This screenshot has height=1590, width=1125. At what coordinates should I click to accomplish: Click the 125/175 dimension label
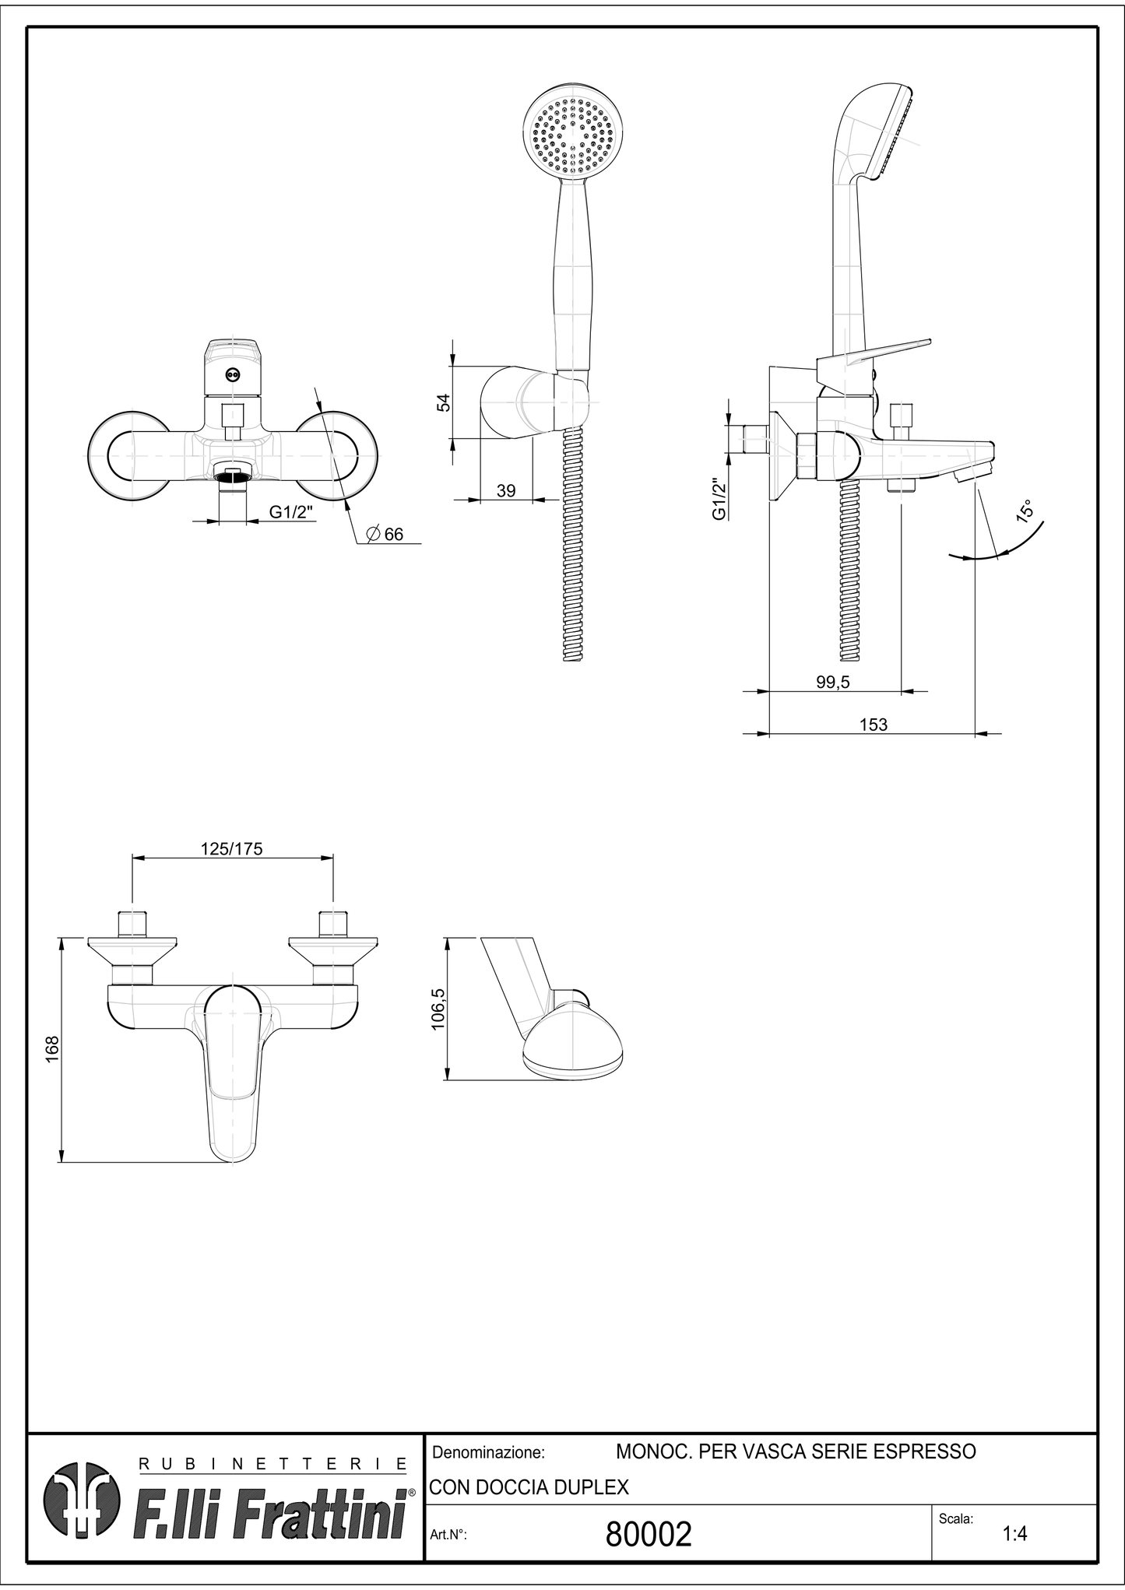pyautogui.click(x=231, y=848)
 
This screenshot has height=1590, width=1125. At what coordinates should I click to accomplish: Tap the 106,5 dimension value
pyautogui.click(x=438, y=1009)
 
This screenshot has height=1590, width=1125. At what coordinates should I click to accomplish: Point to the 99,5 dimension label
pyautogui.click(x=832, y=682)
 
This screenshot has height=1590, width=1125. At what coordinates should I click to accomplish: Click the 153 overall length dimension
pyautogui.click(x=873, y=725)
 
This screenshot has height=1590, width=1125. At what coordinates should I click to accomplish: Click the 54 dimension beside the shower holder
pyautogui.click(x=443, y=402)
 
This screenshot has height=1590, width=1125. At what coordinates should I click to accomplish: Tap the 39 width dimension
pyautogui.click(x=506, y=490)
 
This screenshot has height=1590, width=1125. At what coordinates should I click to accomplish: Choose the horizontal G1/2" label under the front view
pyautogui.click(x=291, y=511)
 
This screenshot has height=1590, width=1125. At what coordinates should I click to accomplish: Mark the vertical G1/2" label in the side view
pyautogui.click(x=719, y=498)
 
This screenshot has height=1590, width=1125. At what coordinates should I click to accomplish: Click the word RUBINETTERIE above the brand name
pyautogui.click(x=272, y=1464)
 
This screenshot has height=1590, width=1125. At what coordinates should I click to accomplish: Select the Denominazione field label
pyautogui.click(x=488, y=1452)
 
